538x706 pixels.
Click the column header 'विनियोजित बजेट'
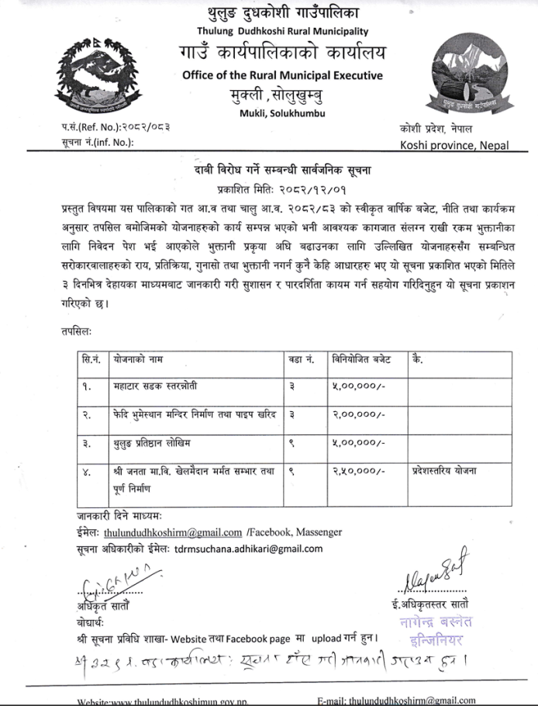click(362, 360)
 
